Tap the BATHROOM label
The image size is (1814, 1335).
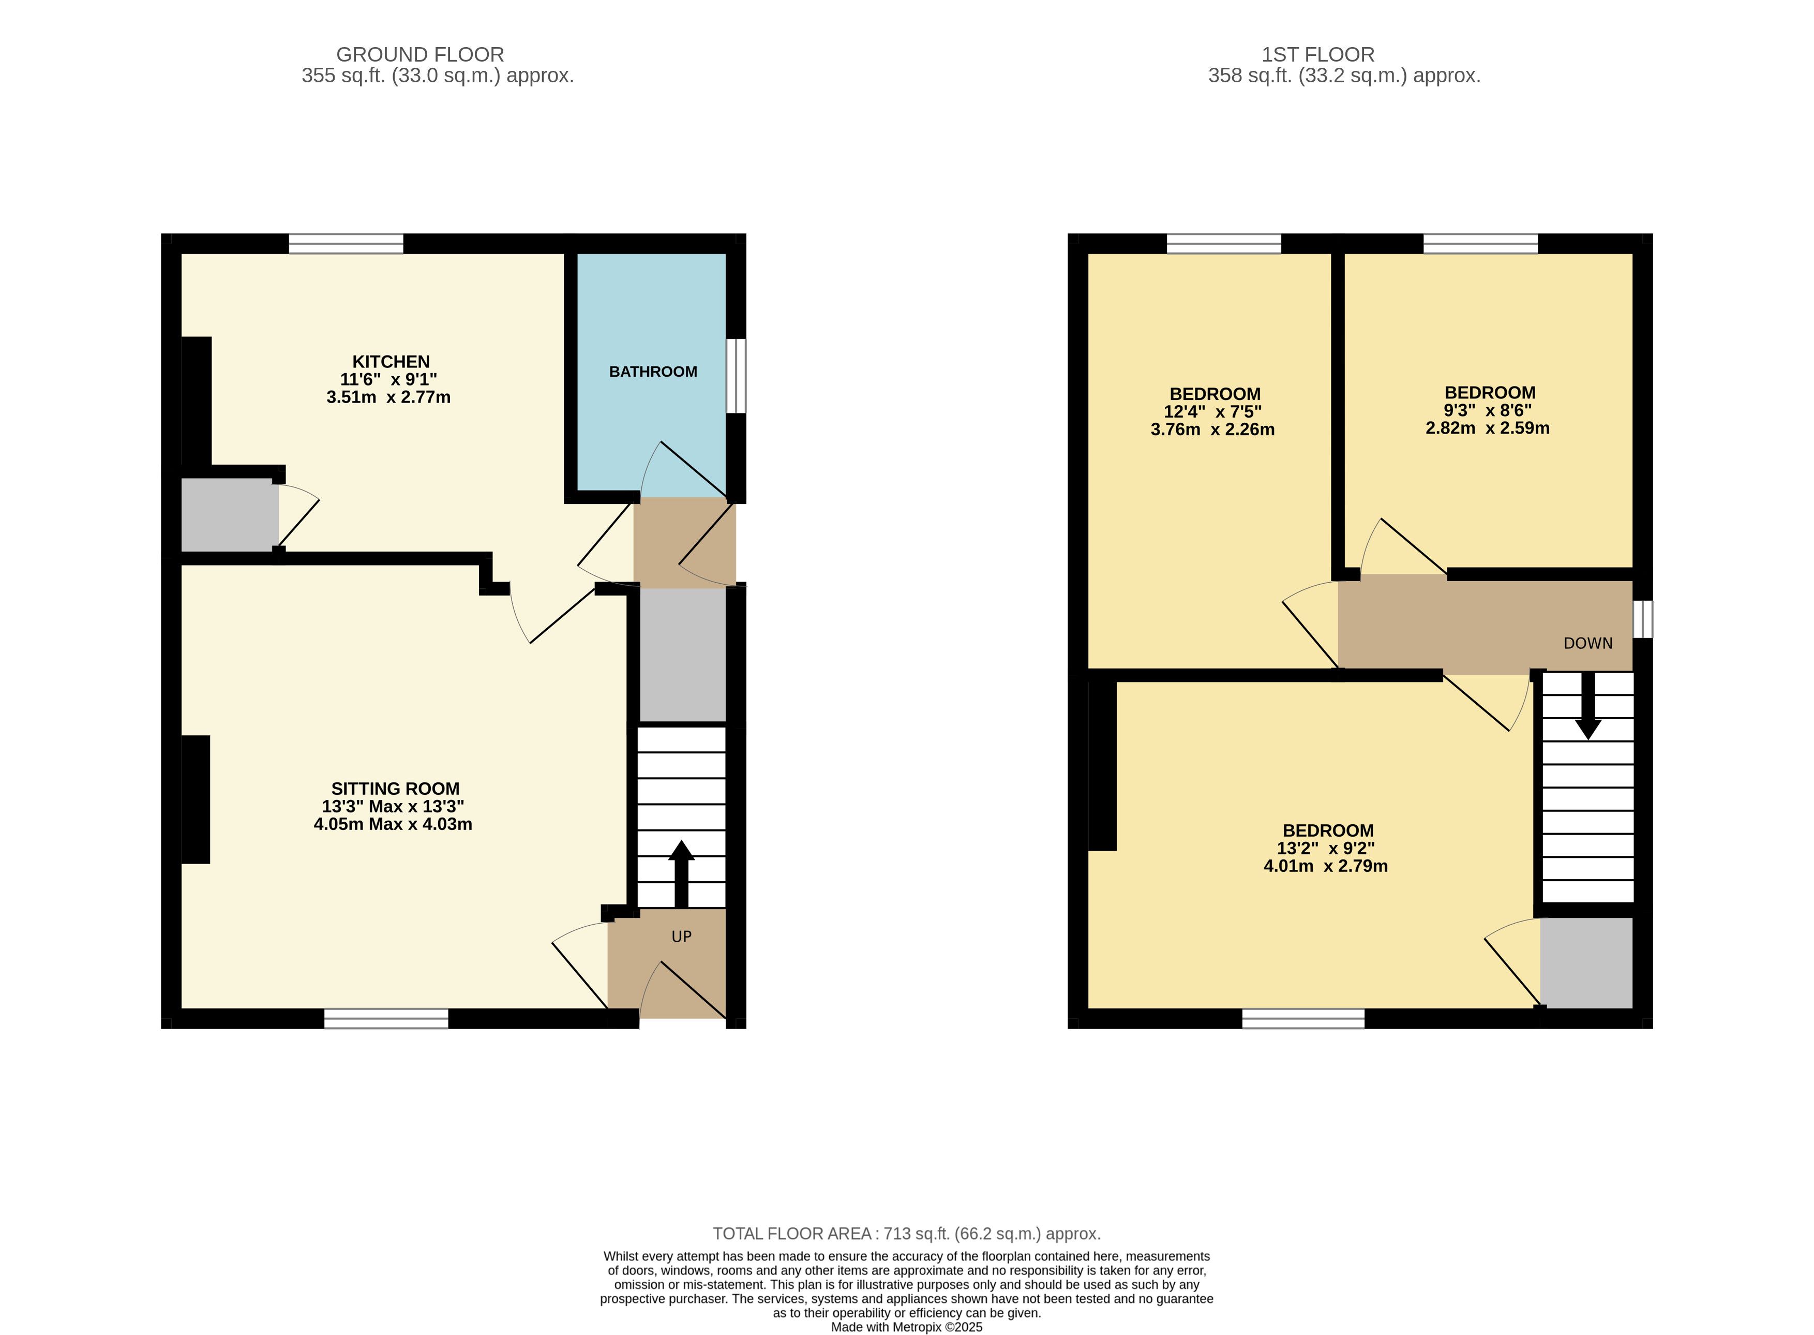click(x=653, y=372)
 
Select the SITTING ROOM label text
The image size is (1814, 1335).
click(x=395, y=789)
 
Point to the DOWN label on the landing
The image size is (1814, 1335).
click(x=1588, y=643)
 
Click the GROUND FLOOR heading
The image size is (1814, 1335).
click(x=420, y=54)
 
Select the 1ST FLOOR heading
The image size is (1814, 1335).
click(x=1318, y=54)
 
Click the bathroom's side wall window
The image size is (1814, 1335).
click(x=736, y=376)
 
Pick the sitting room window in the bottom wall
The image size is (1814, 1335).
click(x=386, y=1018)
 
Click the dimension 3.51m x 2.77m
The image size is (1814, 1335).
click(x=388, y=397)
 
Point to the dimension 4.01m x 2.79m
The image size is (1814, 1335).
click(x=1325, y=866)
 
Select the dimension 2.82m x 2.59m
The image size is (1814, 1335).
click(x=1487, y=428)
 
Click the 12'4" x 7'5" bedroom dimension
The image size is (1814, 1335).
click(x=1212, y=411)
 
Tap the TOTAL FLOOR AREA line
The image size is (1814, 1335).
click(x=906, y=1234)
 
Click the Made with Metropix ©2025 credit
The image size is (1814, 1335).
click(x=906, y=1327)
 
